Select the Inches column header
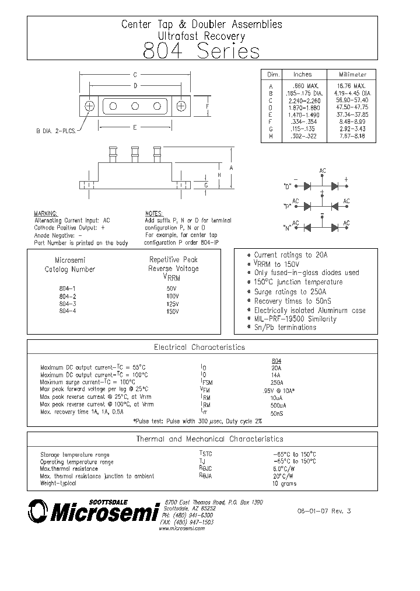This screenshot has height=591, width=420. pyautogui.click(x=303, y=75)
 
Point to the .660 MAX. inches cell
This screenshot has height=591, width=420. pyautogui.click(x=303, y=86)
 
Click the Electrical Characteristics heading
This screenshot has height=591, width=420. pyautogui.click(x=199, y=347)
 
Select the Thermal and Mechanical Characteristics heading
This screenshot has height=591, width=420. pyautogui.click(x=209, y=439)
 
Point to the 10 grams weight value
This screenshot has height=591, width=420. pyautogui.click(x=284, y=484)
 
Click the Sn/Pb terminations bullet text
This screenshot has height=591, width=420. pyautogui.click(x=285, y=327)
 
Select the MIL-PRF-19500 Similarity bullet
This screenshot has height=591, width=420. pyautogui.click(x=295, y=319)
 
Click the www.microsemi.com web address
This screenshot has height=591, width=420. pyautogui.click(x=181, y=529)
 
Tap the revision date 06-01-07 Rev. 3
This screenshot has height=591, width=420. pyautogui.click(x=324, y=511)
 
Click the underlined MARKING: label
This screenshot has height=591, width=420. pyautogui.click(x=45, y=214)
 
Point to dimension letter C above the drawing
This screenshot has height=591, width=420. pyautogui.click(x=135, y=75)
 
